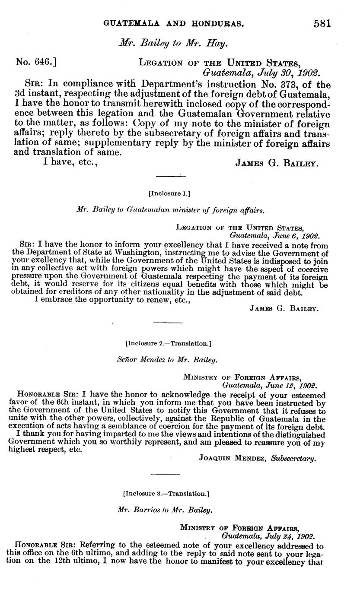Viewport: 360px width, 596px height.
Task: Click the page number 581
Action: pyautogui.click(x=322, y=23)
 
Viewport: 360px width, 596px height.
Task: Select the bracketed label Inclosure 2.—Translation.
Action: pyautogui.click(x=168, y=344)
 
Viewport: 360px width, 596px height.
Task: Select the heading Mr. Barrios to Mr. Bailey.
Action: pyautogui.click(x=166, y=510)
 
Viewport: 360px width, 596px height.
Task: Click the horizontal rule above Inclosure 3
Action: pyautogui.click(x=166, y=475)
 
